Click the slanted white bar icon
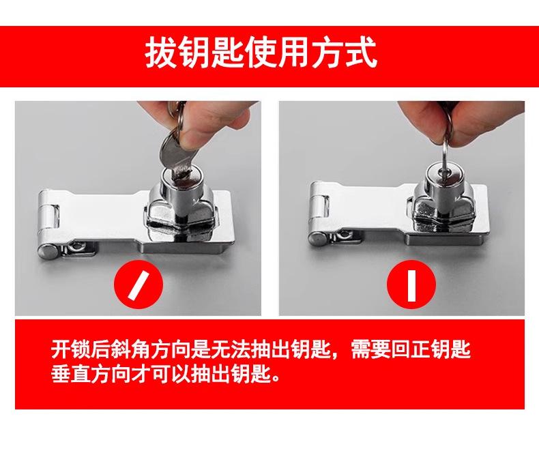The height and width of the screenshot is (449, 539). [139, 285]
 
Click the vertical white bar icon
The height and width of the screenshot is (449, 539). [411, 285]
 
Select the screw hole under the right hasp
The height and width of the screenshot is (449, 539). [343, 235]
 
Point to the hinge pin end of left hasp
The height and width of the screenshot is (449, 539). [48, 251]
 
